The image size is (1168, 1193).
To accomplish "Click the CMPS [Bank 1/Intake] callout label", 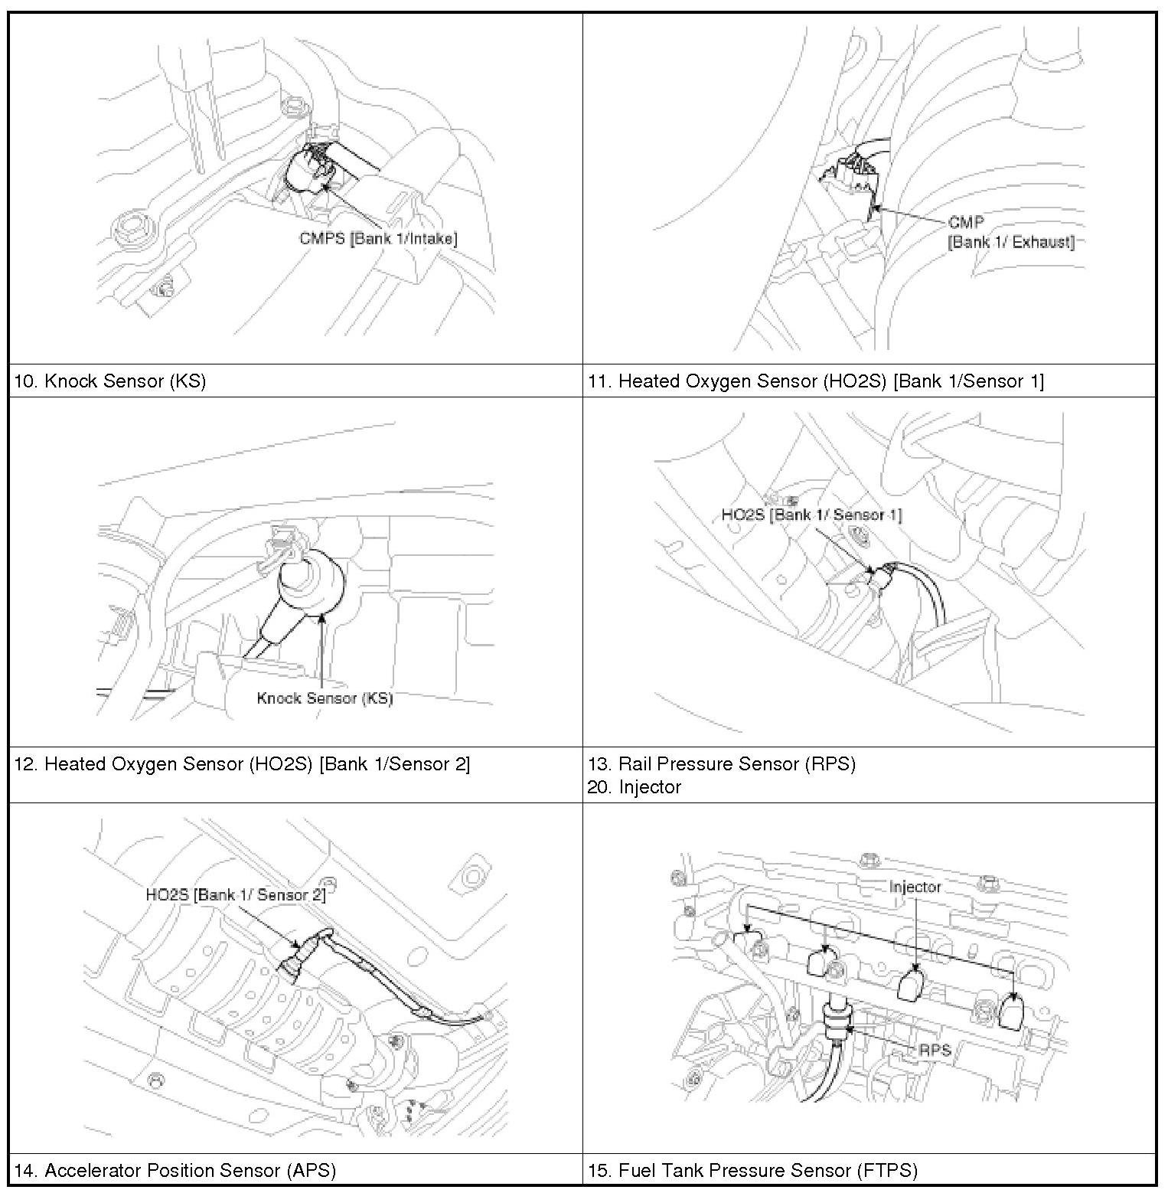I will coord(378,238).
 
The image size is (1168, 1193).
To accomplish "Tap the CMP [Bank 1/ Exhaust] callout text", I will coord(1010,232).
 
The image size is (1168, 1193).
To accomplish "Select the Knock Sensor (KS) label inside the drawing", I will coord(325,698).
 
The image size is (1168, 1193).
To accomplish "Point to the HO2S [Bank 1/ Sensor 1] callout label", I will coord(811,515).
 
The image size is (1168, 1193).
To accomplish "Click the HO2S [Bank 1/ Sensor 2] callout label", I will coord(236,894).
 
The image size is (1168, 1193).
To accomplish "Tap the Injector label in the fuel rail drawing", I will coord(915,887).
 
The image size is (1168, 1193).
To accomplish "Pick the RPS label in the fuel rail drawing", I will coord(935,1050).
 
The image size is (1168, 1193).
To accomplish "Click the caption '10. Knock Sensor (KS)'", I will coord(110,381).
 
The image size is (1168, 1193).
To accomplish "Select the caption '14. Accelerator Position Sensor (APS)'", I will coord(175,1170).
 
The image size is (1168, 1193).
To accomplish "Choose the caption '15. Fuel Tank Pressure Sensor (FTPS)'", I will coord(752,1170).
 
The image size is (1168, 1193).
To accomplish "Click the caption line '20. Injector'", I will coord(635,787).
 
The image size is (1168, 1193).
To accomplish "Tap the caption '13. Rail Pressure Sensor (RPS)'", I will coord(722,763).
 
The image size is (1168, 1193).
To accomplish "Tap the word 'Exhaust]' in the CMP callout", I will coord(1043,243).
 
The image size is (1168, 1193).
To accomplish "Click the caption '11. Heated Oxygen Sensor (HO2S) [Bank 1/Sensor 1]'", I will coord(816,381).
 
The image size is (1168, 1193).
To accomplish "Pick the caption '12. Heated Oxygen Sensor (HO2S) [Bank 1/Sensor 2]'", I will coord(242,763).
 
